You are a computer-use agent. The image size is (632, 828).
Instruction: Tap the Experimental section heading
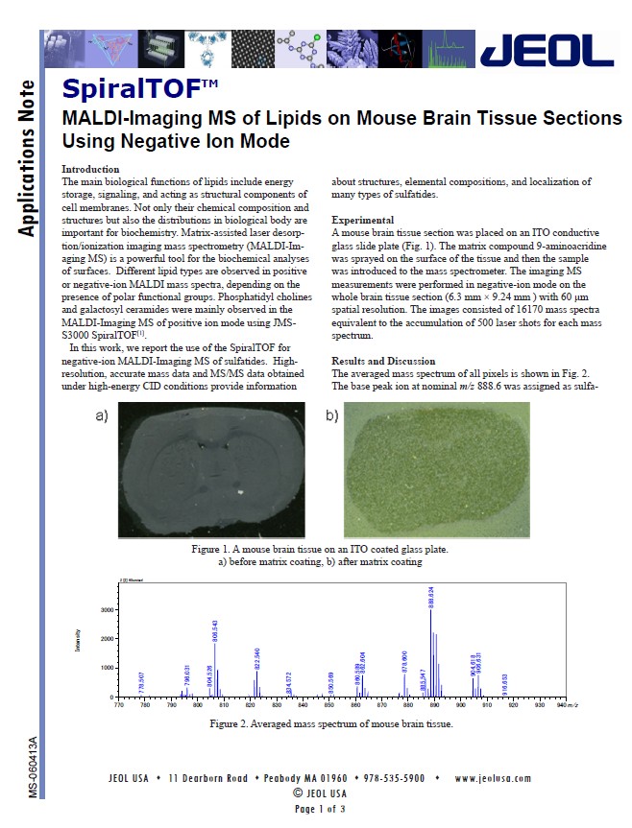tap(365, 221)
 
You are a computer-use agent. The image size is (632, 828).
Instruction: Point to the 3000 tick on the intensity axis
tap(107, 609)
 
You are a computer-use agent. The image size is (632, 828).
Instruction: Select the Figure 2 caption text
tap(330, 723)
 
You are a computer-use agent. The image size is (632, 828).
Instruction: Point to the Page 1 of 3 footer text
tap(320, 809)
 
